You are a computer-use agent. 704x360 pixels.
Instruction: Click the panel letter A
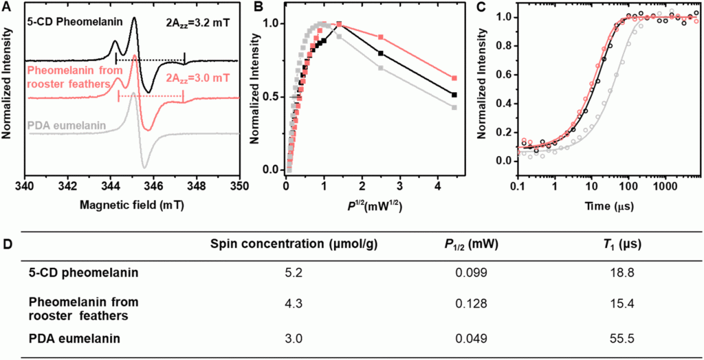(x=6, y=8)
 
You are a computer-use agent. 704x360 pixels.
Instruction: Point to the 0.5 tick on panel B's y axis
(x=274, y=96)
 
